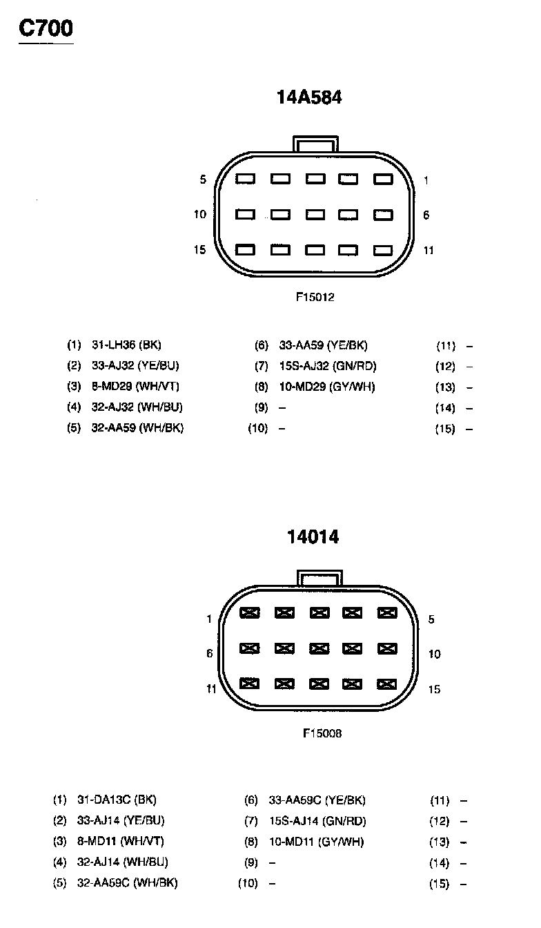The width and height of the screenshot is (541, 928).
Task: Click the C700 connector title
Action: point(46,28)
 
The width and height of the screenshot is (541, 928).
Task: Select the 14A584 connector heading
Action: point(309,97)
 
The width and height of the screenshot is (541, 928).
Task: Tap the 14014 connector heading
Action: point(313,536)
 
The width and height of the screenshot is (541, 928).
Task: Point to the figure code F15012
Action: point(315,298)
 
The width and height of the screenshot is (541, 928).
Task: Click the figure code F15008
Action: point(322,733)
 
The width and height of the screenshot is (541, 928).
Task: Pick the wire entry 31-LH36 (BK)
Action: point(126,345)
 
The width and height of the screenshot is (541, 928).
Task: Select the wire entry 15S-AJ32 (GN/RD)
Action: point(328,366)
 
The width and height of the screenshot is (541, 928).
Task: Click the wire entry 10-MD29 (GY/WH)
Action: point(327,387)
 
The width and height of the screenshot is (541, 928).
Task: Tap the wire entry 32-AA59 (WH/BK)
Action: point(137,428)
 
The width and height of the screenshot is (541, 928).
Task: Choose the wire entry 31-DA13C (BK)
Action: point(117,800)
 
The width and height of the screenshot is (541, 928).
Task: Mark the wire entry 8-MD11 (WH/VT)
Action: point(120,842)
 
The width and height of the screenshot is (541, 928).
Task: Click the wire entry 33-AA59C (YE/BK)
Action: point(317,800)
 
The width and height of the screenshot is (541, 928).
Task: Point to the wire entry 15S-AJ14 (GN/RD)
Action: point(317,821)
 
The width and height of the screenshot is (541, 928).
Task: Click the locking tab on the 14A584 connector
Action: point(315,143)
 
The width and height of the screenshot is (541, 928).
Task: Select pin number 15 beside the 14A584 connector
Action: point(199,250)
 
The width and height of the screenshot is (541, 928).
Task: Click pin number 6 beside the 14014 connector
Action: point(210,653)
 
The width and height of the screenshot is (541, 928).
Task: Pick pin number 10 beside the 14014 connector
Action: point(434,654)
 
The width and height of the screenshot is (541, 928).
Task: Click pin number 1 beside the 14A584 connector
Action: point(426,180)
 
